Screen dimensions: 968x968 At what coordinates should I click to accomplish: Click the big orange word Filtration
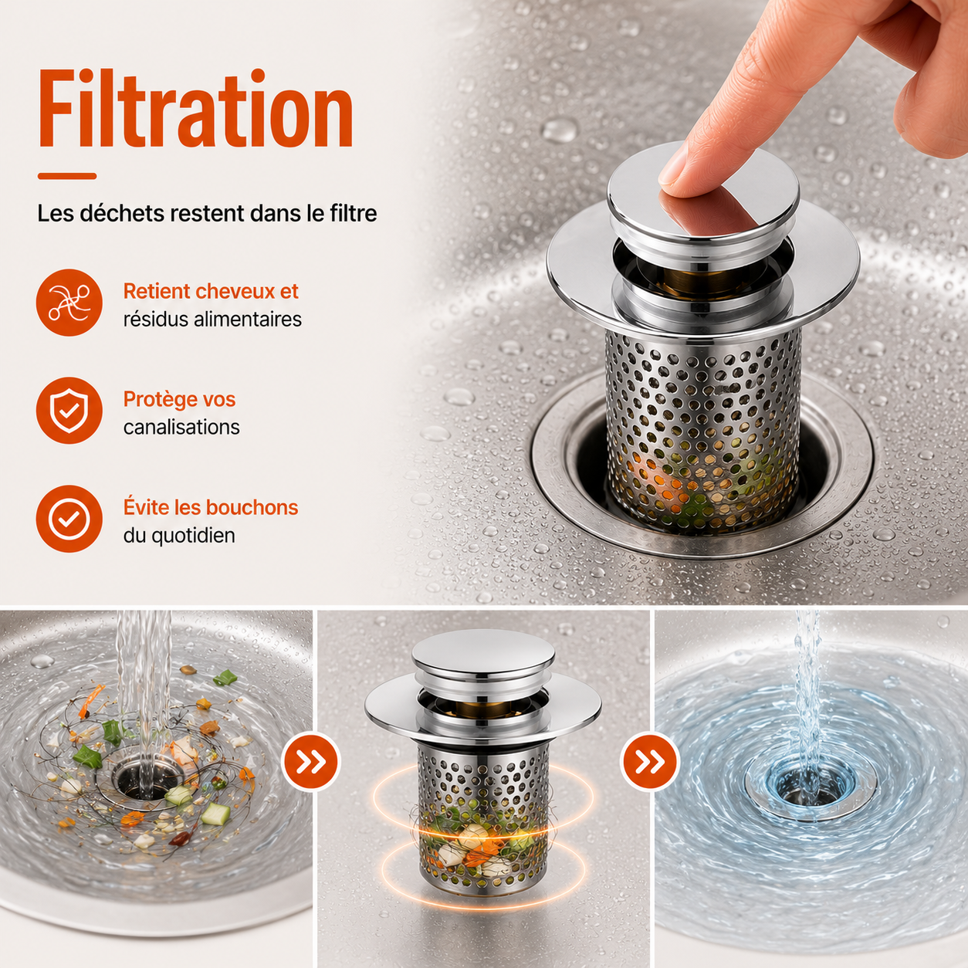click(x=196, y=107)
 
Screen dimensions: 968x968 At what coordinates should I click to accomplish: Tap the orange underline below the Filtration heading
click(x=67, y=176)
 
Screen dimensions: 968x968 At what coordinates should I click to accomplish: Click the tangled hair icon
click(x=69, y=303)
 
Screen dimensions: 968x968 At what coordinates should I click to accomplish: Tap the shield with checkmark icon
click(x=69, y=411)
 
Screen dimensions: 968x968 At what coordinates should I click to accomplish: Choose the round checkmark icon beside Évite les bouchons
click(x=69, y=519)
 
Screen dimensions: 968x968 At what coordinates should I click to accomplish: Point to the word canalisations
click(x=181, y=428)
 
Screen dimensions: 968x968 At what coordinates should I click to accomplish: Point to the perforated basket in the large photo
click(x=702, y=432)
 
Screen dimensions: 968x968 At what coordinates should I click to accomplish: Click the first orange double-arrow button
click(x=311, y=762)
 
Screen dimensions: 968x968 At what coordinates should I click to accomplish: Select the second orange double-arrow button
click(x=650, y=762)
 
